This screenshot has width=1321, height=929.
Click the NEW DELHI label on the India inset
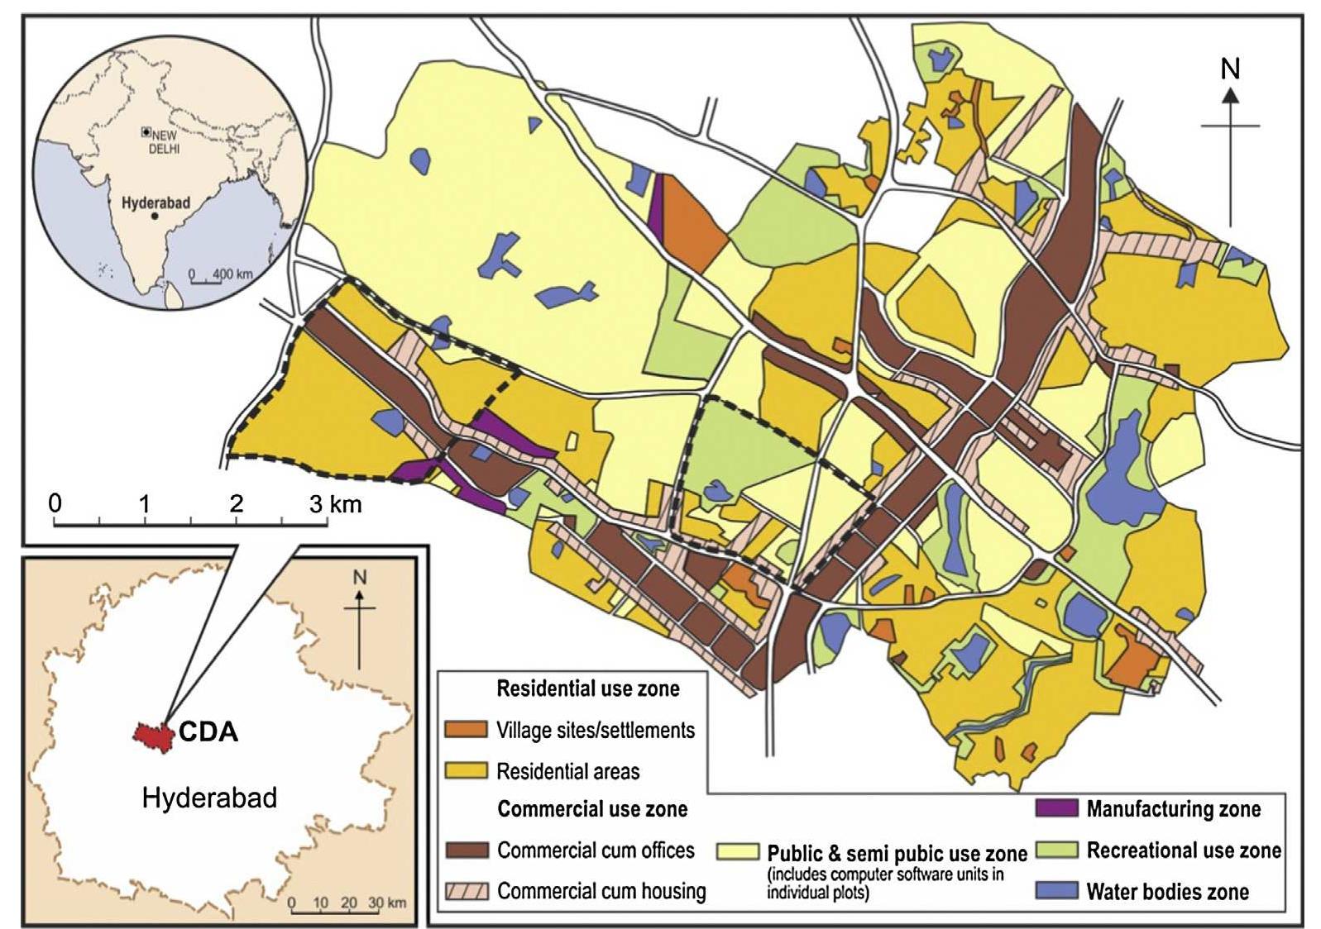164,141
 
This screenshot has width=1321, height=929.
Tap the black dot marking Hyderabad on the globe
155,215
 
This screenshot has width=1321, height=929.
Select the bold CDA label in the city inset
208,731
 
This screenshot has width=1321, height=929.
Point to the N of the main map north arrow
1230,69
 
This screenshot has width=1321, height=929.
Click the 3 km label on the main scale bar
336,503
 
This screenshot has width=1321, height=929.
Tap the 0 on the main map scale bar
55,503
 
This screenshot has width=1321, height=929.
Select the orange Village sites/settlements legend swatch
466,729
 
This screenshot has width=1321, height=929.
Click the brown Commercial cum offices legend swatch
466,850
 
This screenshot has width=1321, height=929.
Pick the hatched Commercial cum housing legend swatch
466,891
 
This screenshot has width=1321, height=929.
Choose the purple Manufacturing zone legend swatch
1056,808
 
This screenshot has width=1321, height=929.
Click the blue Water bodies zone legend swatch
1056,890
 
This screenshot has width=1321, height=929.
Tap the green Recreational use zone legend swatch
1056,850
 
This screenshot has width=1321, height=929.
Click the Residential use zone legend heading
587,688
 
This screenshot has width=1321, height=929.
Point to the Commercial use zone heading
591,808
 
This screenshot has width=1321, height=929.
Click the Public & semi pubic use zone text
897,853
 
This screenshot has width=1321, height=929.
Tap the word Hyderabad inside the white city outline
209,798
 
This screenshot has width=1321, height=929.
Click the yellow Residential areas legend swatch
466,770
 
